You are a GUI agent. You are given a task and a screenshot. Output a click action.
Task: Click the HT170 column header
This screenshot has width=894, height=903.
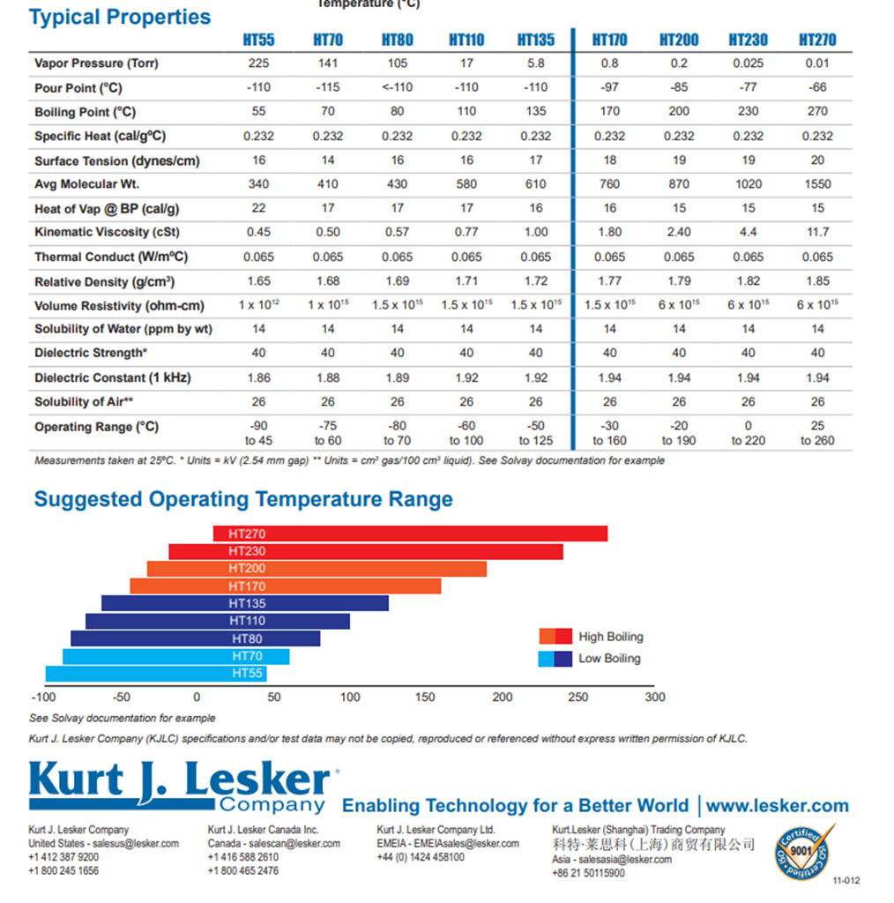pyautogui.click(x=609, y=40)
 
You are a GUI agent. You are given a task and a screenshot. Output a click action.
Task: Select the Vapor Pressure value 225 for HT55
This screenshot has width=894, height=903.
pyautogui.click(x=258, y=63)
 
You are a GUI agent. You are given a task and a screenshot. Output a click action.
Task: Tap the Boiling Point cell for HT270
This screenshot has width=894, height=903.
pyautogui.click(x=817, y=111)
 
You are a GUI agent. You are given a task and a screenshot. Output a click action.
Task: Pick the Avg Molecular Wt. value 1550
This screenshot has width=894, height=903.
pyautogui.click(x=817, y=184)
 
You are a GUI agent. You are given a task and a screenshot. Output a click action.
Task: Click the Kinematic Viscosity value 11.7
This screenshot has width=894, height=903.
pyautogui.click(x=817, y=232)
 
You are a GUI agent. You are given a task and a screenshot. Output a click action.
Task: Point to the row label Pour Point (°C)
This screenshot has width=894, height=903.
pyautogui.click(x=78, y=88)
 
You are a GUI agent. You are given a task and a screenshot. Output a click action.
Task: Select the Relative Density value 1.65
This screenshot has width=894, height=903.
pyautogui.click(x=258, y=281)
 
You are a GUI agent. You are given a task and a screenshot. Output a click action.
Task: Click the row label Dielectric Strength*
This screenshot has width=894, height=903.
pyautogui.click(x=90, y=353)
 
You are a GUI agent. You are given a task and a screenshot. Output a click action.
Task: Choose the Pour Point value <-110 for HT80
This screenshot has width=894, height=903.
pyautogui.click(x=397, y=87)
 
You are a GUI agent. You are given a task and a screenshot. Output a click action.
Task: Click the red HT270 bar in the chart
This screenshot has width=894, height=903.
pyautogui.click(x=410, y=534)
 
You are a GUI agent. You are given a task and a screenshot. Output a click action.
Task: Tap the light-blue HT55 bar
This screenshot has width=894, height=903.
pyautogui.click(x=156, y=674)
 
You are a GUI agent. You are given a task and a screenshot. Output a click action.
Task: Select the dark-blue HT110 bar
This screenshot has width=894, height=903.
pyautogui.click(x=218, y=621)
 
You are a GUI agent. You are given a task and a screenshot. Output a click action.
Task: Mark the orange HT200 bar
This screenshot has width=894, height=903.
pyautogui.click(x=317, y=569)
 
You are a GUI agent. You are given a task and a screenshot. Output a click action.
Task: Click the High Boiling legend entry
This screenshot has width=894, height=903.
pyautogui.click(x=610, y=637)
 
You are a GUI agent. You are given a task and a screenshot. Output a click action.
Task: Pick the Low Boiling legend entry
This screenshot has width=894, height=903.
pyautogui.click(x=608, y=659)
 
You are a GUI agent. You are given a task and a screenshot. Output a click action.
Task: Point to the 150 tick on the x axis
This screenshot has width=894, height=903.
pyautogui.click(x=425, y=698)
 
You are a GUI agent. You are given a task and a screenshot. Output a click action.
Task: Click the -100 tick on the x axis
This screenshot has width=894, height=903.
pyautogui.click(x=42, y=698)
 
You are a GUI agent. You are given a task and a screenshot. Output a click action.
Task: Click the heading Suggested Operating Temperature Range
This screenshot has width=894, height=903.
pyautogui.click(x=243, y=499)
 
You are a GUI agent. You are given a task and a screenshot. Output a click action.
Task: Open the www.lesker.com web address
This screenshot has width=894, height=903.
pyautogui.click(x=777, y=805)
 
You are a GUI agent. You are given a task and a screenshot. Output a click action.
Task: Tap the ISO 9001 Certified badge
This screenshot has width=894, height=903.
pyautogui.click(x=802, y=851)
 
